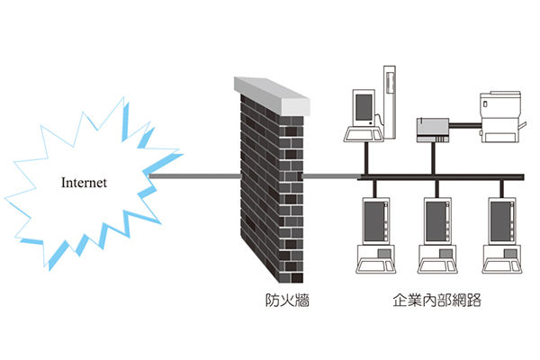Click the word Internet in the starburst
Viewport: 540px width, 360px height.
84,183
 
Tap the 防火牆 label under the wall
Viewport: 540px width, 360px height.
287,300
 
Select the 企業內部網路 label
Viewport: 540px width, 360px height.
437,300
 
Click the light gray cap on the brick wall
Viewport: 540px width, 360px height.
272,95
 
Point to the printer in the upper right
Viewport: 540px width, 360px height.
501,117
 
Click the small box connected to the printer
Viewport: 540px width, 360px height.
433,130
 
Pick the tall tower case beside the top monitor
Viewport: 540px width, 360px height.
390,103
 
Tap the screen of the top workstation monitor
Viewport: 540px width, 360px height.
364,107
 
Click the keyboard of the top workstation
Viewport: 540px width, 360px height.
364,134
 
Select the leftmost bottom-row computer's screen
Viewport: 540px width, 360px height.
374,221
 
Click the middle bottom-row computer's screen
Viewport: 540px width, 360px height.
436,221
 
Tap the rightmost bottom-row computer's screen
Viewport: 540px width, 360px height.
500,221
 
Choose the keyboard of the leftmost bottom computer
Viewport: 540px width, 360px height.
375,266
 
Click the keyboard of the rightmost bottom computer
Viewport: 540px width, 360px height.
502,266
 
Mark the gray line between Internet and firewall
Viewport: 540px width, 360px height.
195,176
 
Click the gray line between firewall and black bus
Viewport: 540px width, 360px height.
330,176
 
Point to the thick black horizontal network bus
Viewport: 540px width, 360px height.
441,177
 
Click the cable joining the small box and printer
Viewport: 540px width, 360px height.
465,126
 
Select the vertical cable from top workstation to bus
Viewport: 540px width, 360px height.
366,158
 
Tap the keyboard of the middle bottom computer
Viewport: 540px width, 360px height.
437,266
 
